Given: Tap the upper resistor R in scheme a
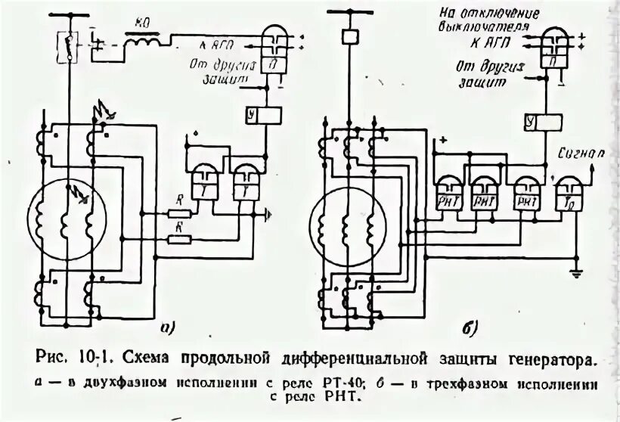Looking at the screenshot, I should (178, 213).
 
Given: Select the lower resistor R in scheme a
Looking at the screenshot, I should (178, 240).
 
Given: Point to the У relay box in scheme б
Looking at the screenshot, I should (542, 121).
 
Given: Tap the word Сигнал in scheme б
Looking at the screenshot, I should (581, 152).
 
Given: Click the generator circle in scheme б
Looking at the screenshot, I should (346, 219).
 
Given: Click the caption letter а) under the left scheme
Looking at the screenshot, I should (167, 327).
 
